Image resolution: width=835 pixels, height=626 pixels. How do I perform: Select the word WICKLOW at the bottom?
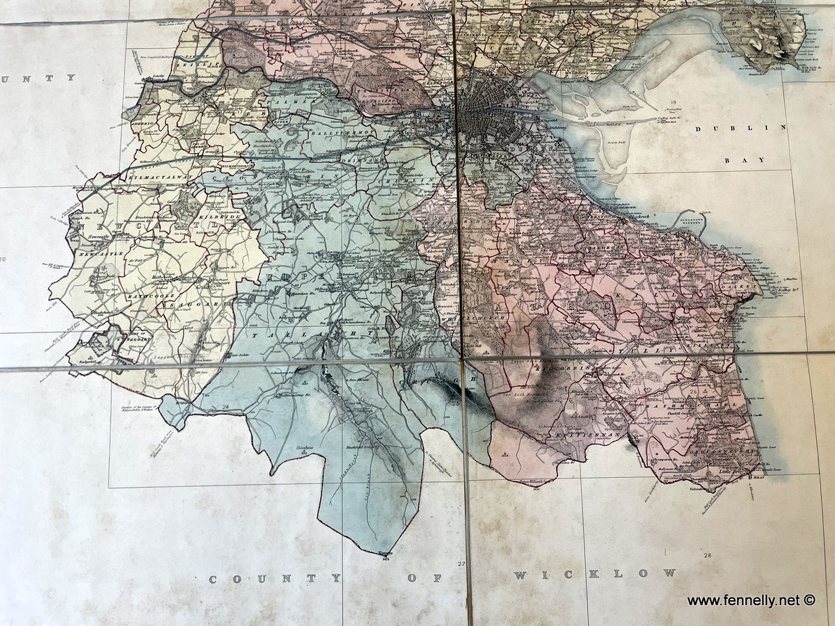[594, 574]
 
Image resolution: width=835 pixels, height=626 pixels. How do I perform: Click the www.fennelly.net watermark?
[751, 600]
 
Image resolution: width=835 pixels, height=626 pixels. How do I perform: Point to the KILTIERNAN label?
[571, 434]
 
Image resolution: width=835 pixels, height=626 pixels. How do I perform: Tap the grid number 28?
[708, 555]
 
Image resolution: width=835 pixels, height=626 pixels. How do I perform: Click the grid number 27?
[460, 563]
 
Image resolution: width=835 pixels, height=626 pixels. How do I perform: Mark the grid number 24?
[225, 407]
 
